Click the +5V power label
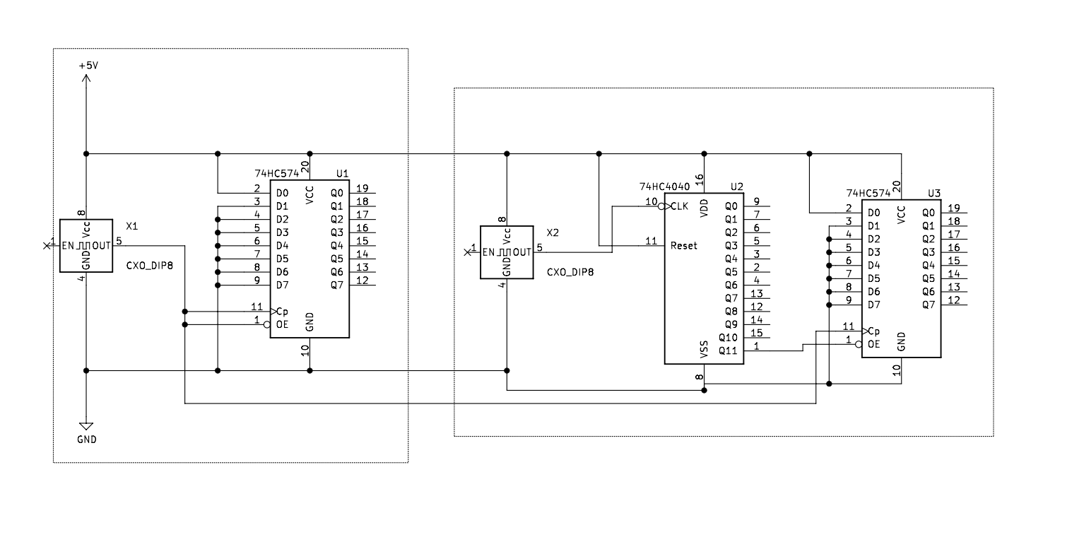(x=88, y=65)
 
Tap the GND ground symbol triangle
(x=86, y=426)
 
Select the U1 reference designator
(x=342, y=173)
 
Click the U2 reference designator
(x=736, y=187)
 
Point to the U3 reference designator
(x=934, y=193)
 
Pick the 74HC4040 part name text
(x=664, y=187)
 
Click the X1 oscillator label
(x=131, y=227)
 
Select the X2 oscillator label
(x=553, y=233)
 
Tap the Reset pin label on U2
(x=683, y=246)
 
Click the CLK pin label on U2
(x=679, y=206)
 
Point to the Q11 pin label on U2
(x=727, y=350)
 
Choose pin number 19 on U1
(x=362, y=189)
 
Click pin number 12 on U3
(x=953, y=300)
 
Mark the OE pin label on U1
(x=282, y=324)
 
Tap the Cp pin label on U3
(x=873, y=331)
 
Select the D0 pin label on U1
(x=282, y=193)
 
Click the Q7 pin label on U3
(x=928, y=305)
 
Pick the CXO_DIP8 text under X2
(x=570, y=271)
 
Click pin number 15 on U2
(x=756, y=333)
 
